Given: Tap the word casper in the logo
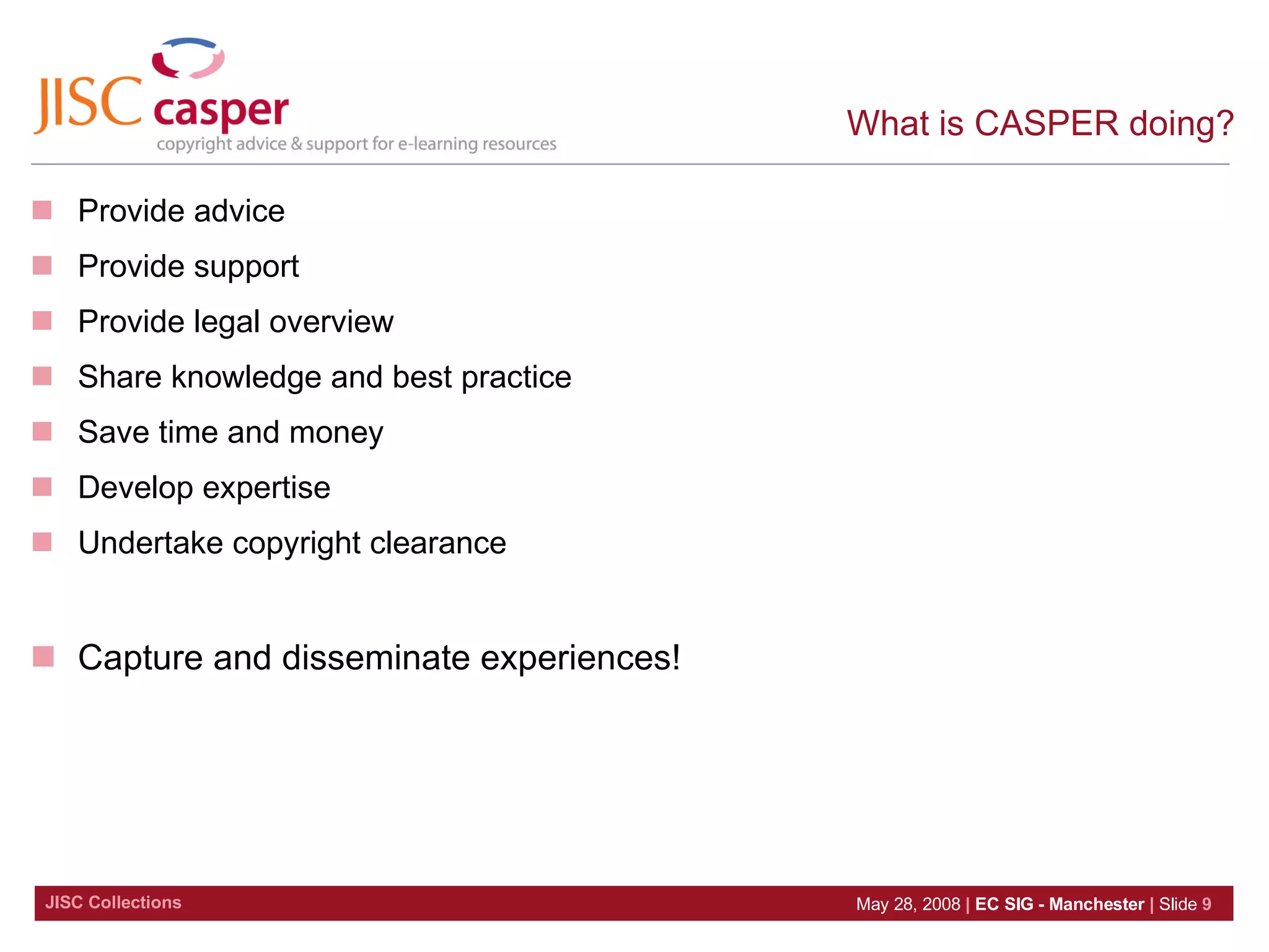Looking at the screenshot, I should coord(221,112).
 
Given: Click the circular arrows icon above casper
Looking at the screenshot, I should coord(188,59).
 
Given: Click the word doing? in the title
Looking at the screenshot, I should coord(1181,123).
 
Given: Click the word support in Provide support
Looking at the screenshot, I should coord(246,267).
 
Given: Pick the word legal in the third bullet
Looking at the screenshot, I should coord(226,322).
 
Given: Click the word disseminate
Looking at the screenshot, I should coord(375,658).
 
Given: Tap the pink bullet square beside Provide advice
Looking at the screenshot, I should coord(42,210).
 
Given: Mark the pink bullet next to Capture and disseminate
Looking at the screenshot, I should coord(43,656).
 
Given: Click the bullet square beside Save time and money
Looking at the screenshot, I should coord(42,431).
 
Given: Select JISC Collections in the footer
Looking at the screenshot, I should coord(113,902).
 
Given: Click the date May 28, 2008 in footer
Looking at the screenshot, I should coord(908,904).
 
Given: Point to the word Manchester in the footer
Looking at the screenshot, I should coord(1096,904).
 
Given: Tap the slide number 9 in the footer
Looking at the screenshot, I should coord(1206,904).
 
